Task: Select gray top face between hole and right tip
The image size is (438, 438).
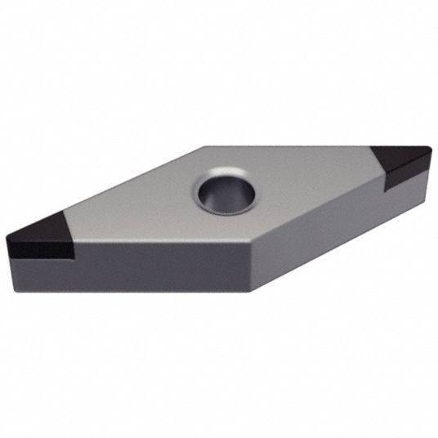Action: coord(319,180)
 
